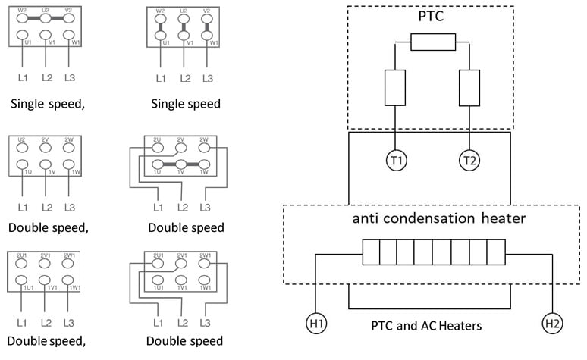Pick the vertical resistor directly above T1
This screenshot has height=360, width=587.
(x=393, y=87)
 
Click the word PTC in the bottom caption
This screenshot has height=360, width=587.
(x=385, y=327)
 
